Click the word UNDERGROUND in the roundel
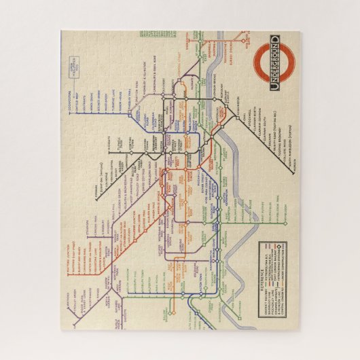[x=274, y=62]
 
